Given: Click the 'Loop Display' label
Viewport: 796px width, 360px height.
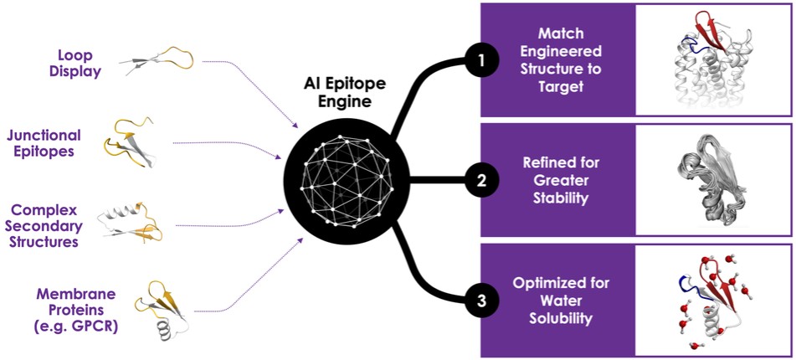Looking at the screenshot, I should point(74,62).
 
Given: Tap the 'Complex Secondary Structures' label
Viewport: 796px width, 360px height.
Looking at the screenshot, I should point(52,223).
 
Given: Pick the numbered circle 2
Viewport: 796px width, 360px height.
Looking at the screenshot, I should point(481,179).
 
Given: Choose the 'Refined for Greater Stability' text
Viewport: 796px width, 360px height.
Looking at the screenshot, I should point(561,179).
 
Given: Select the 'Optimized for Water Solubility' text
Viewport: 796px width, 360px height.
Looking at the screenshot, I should point(561,300).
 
